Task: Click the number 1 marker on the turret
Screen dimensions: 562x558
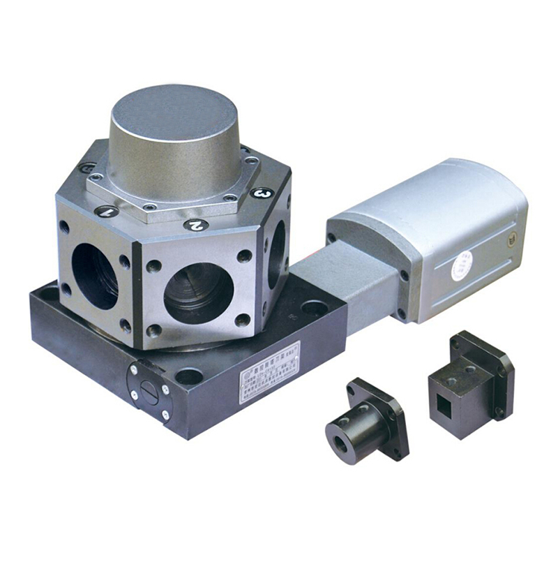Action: point(106,211)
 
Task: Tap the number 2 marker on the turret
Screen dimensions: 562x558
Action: point(196,225)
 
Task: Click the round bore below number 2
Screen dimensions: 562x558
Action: point(198,294)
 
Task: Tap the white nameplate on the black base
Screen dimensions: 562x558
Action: point(269,371)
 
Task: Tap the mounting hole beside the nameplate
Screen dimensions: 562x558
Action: point(189,376)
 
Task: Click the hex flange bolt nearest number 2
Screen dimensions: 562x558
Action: point(229,198)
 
